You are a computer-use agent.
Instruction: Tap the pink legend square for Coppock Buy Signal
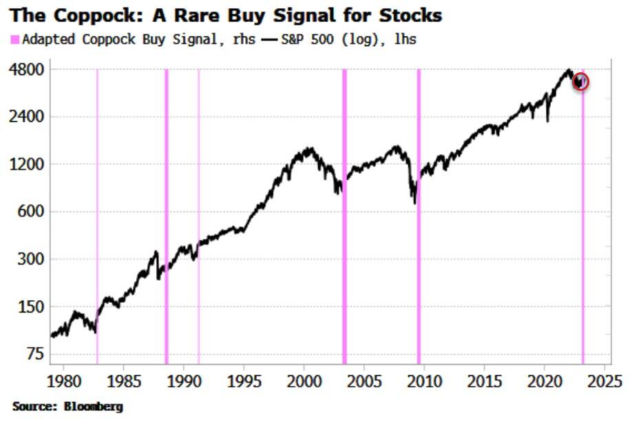click(x=15, y=40)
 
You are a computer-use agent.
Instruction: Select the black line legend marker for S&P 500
click(x=269, y=40)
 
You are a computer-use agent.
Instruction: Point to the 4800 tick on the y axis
click(x=27, y=69)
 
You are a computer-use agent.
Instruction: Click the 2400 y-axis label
click(x=27, y=116)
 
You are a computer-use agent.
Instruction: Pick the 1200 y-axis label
click(x=27, y=164)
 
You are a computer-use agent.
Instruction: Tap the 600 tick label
click(x=31, y=211)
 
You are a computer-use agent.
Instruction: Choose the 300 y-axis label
click(x=31, y=259)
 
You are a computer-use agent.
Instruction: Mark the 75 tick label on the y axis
click(x=35, y=354)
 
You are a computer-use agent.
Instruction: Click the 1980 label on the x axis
click(x=64, y=381)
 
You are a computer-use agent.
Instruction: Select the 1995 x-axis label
click(x=244, y=381)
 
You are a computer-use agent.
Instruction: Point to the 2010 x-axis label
click(x=425, y=381)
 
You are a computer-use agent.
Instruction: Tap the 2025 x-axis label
click(x=605, y=381)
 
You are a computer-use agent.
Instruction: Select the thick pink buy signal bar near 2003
click(x=345, y=217)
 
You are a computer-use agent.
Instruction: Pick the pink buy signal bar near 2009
click(x=419, y=217)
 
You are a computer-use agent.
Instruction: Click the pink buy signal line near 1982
click(x=97, y=217)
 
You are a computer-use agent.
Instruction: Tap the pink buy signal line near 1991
click(x=199, y=217)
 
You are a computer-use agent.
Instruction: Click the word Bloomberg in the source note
click(x=94, y=406)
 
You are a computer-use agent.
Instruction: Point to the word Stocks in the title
click(x=410, y=16)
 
